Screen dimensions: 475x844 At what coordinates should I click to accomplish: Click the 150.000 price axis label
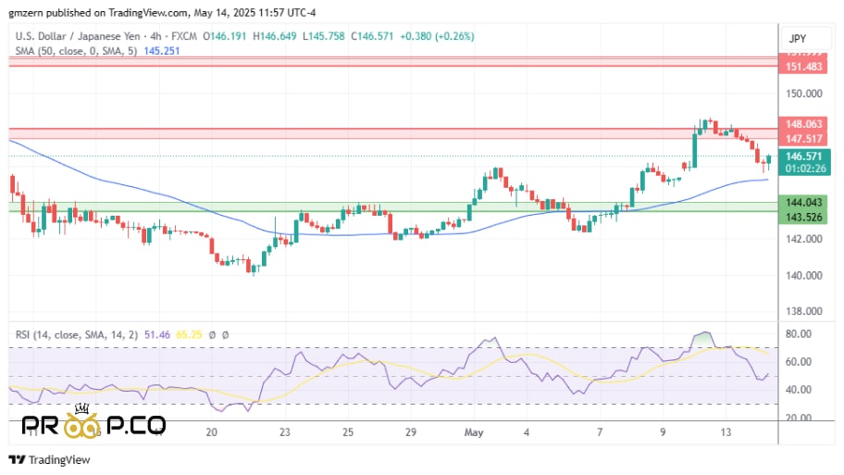803,94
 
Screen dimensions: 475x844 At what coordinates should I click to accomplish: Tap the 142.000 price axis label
803,239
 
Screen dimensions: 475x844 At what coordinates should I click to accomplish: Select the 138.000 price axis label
803,312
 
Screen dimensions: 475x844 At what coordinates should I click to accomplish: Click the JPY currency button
797,38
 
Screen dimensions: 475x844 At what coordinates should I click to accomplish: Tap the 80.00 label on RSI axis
799,333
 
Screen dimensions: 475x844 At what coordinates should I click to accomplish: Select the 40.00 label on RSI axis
799,389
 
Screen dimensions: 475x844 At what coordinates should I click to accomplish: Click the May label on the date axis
475,432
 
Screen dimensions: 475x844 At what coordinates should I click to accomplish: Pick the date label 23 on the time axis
285,432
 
